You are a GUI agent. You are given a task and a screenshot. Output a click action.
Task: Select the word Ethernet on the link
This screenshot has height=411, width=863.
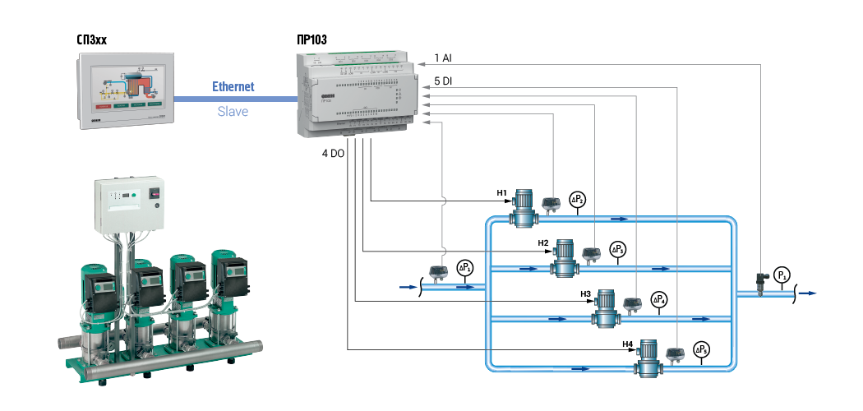[x=233, y=86]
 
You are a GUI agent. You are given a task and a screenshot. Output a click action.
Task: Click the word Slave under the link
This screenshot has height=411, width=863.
[x=233, y=111]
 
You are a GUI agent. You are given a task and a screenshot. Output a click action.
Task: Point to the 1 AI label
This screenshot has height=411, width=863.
[x=443, y=59]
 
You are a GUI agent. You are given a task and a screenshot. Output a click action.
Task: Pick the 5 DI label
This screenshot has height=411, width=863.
[x=443, y=81]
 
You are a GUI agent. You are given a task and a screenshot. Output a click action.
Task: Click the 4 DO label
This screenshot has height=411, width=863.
[x=333, y=154]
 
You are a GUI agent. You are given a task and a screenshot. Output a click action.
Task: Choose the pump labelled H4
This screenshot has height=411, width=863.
[x=648, y=357]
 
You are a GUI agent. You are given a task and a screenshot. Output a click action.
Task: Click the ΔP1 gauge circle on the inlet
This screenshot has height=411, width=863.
[x=465, y=267]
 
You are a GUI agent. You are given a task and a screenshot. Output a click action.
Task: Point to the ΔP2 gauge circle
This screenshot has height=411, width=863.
[x=579, y=200]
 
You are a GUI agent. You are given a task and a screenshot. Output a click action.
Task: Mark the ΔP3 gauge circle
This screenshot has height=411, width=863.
[x=619, y=249]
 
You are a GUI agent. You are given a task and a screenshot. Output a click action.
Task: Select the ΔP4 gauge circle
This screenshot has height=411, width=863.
[x=659, y=299]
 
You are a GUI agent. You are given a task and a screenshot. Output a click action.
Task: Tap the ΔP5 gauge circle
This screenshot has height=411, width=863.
[x=701, y=349]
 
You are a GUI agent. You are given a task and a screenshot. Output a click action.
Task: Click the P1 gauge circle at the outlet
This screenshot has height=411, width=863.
[x=783, y=274]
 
